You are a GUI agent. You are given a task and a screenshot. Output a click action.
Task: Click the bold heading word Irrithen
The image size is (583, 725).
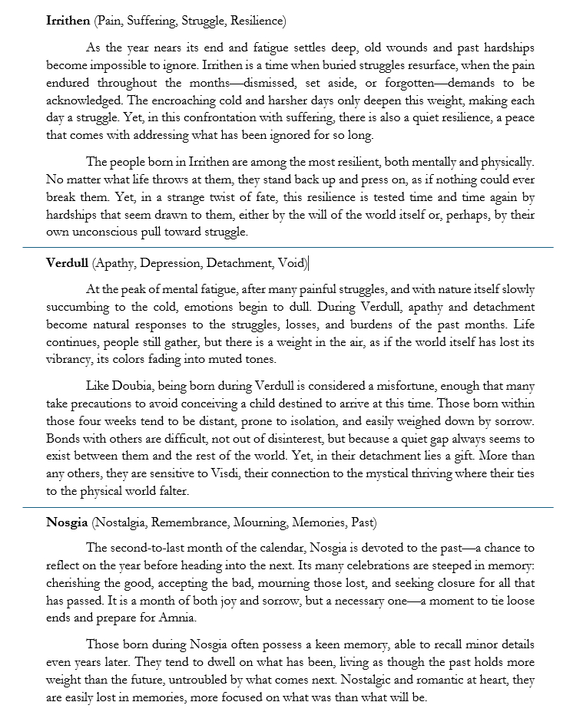[67, 20]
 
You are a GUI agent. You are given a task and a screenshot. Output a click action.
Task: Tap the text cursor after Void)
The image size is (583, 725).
[309, 264]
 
